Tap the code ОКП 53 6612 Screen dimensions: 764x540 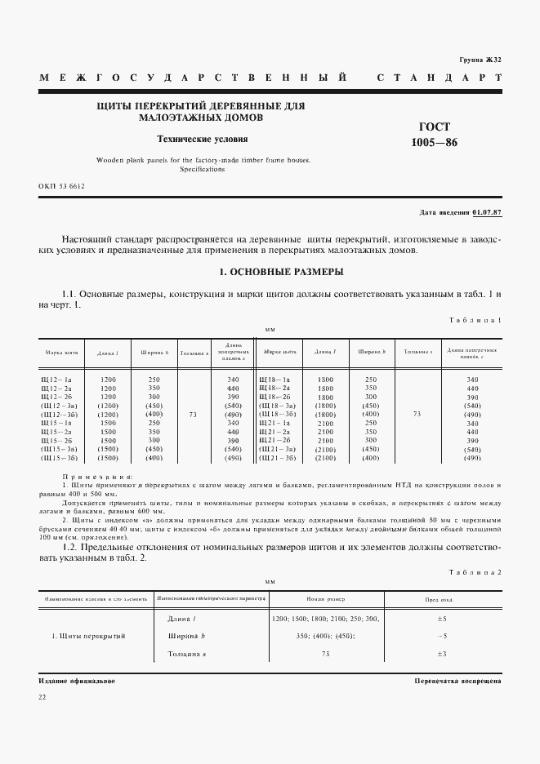pos(61,186)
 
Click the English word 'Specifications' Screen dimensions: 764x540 pos(202,169)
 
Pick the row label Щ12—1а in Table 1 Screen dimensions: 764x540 pos(56,380)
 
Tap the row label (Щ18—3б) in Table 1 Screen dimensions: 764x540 pos(276,415)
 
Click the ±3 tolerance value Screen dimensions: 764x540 pos(441,654)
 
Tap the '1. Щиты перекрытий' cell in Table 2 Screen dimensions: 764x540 pos(88,636)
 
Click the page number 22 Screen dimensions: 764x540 pos(42,696)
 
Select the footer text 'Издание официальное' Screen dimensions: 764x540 pos(77,680)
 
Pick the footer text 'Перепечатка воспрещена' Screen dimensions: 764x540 pos(457,680)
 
